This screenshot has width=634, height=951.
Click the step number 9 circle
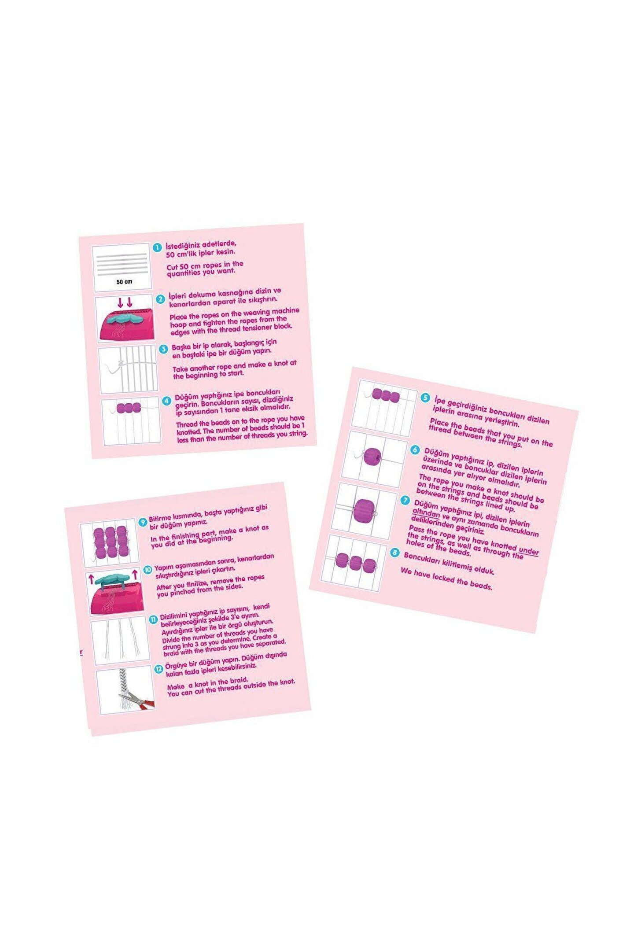click(x=143, y=522)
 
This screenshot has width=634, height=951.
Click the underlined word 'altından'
click(x=426, y=513)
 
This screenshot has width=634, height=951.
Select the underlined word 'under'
click(x=529, y=551)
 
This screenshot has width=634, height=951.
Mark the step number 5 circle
click(x=425, y=398)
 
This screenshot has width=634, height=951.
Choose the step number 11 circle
click(x=154, y=619)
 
